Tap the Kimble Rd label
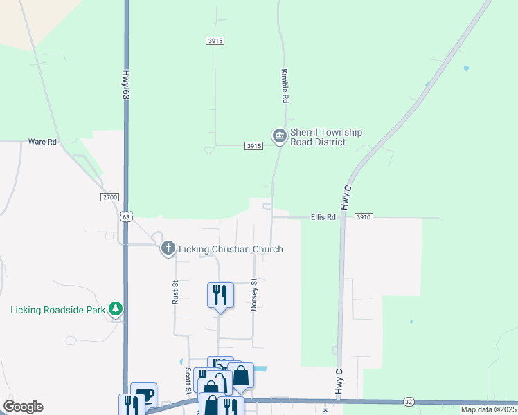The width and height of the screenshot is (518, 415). [x=284, y=86]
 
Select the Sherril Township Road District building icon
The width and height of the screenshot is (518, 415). [x=279, y=136]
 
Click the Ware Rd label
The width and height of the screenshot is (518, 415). [x=42, y=142]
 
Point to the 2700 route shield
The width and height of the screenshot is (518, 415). [x=110, y=197]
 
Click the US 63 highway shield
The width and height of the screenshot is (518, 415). [x=125, y=216]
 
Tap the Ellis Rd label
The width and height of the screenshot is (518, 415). [x=323, y=217]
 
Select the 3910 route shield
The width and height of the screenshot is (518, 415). [x=364, y=217]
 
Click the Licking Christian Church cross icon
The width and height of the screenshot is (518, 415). [x=168, y=248]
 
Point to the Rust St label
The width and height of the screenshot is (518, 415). [x=175, y=292]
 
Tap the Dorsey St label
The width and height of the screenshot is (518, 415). [x=254, y=295]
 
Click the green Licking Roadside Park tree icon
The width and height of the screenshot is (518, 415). [x=117, y=308]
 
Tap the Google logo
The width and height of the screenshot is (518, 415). [x=23, y=407]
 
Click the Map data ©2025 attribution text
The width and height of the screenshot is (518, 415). [x=487, y=409]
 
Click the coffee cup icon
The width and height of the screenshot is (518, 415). [x=144, y=395]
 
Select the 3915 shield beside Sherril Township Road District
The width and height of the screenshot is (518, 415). [x=254, y=146]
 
